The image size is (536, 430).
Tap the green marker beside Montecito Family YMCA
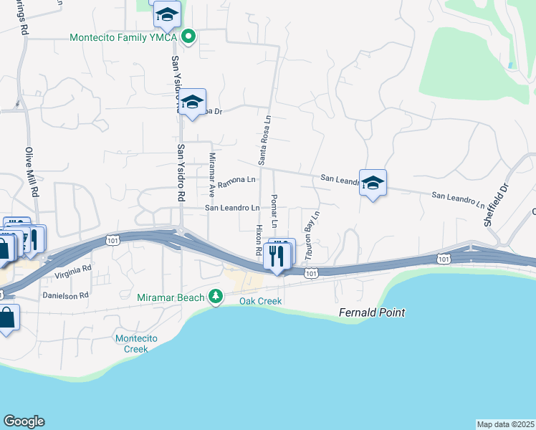click(x=188, y=36)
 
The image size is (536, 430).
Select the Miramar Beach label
click(x=171, y=297)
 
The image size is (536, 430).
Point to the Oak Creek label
click(x=260, y=301)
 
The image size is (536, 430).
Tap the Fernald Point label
click(x=372, y=312)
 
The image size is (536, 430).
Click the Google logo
click(x=24, y=421)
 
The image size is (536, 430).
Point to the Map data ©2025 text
click(x=505, y=424)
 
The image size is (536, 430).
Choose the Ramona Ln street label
click(x=236, y=181)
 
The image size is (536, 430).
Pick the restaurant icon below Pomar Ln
click(x=276, y=255)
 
